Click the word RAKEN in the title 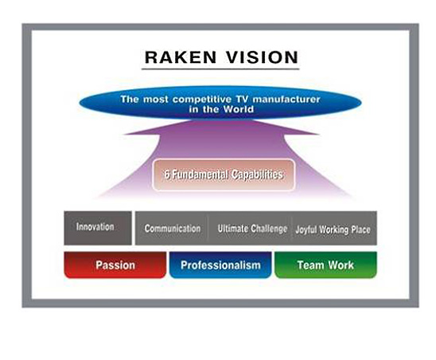click(181, 57)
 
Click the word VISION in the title click(262, 57)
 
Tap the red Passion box click(115, 264)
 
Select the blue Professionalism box click(220, 264)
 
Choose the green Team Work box click(325, 264)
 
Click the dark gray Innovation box click(98, 228)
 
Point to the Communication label click(173, 229)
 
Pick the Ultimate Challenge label click(252, 229)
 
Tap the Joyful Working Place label click(333, 229)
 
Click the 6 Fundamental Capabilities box click(224, 175)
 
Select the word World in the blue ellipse click(239, 109)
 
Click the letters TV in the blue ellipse click(242, 99)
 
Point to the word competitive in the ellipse click(202, 100)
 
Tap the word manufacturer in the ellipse click(286, 99)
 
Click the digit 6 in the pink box click(167, 175)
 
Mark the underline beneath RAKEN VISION click(220, 68)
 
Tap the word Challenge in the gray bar click(269, 229)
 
